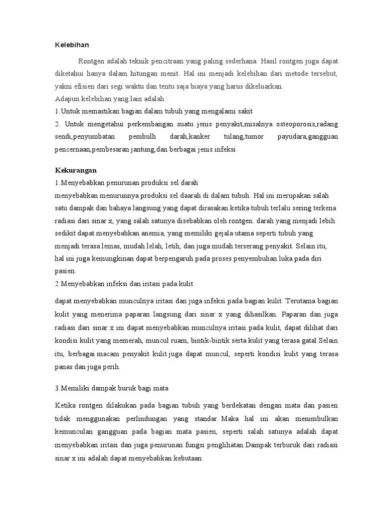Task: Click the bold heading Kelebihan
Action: pos(72,45)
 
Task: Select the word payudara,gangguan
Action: pos(307,136)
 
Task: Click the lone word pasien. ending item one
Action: pos(66,271)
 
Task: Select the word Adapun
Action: pos(67,99)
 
